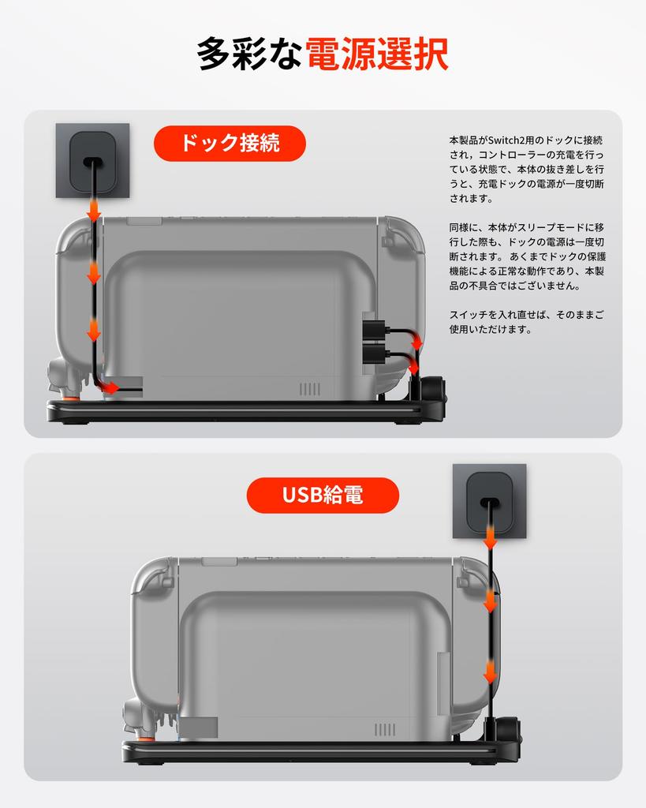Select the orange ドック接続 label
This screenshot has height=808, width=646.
[x=230, y=144]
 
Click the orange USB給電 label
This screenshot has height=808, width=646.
[x=323, y=496]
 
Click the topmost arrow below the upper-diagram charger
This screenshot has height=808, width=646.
[x=93, y=211]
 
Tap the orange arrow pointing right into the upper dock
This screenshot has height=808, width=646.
[x=111, y=387]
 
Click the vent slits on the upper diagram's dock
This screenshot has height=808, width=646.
[x=310, y=389]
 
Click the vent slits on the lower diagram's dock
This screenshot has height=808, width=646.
[x=385, y=730]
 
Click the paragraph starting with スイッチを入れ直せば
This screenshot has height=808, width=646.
[x=527, y=321]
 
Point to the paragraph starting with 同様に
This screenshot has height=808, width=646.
[x=527, y=256]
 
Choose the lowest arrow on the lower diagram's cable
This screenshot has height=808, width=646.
[x=490, y=673]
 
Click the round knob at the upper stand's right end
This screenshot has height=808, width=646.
[x=434, y=389]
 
